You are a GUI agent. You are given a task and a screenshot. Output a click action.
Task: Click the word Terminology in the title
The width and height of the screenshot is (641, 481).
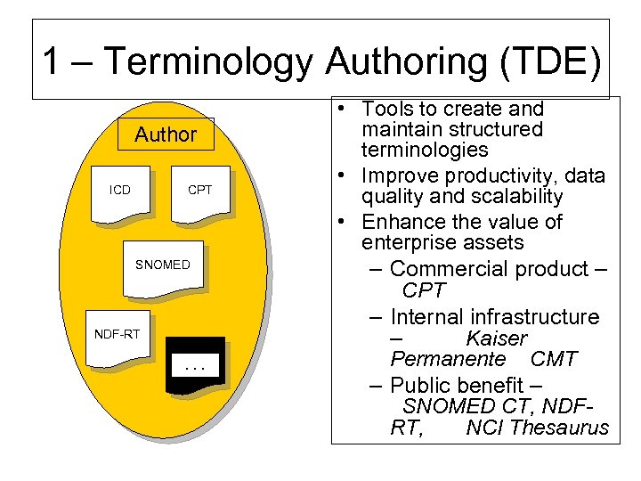click(208, 62)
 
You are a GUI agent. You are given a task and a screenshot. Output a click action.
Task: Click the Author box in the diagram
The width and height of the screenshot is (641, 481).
click(165, 135)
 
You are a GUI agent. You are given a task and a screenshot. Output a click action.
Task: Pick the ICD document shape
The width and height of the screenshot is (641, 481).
click(122, 192)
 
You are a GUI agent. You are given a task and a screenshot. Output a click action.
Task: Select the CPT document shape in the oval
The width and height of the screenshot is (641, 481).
click(199, 192)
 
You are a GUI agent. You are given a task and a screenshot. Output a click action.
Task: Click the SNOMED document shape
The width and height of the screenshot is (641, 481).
click(163, 267)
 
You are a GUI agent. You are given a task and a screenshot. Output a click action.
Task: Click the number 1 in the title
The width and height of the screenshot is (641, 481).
click(53, 62)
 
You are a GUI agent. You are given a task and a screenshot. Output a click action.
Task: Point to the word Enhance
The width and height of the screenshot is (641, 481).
click(401, 221)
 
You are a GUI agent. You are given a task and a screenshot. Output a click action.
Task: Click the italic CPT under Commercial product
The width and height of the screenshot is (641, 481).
click(423, 290)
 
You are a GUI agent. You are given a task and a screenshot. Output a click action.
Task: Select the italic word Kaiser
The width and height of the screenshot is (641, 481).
click(496, 338)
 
